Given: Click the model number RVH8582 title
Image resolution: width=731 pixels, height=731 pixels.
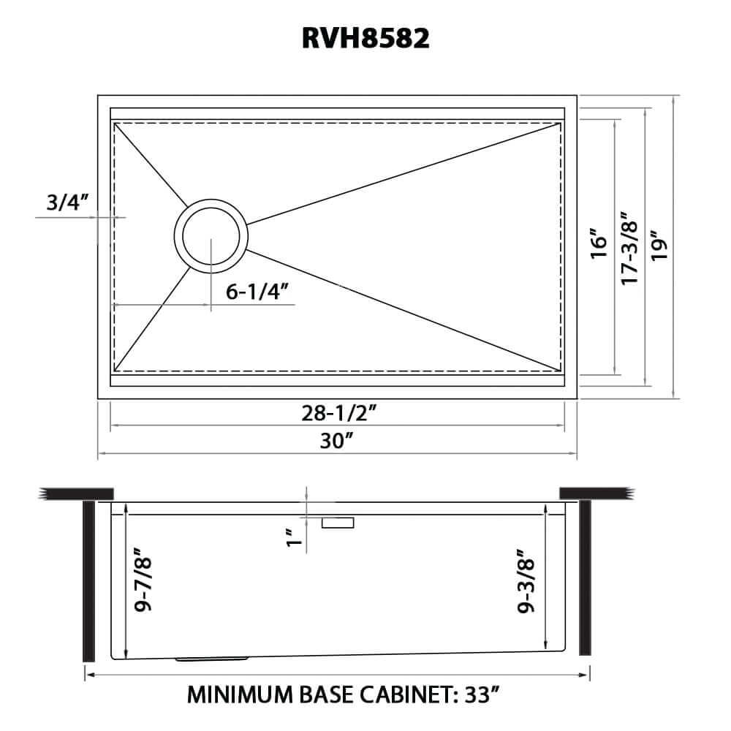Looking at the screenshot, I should pyautogui.click(x=365, y=38).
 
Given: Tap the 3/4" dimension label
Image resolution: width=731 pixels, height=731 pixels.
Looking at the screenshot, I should pyautogui.click(x=67, y=202).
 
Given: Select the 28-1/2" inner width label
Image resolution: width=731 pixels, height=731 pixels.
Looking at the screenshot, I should pyautogui.click(x=338, y=414).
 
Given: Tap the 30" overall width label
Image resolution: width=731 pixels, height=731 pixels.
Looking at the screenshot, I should pyautogui.click(x=338, y=441).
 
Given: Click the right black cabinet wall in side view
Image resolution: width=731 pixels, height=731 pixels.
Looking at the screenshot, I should pyautogui.click(x=585, y=577).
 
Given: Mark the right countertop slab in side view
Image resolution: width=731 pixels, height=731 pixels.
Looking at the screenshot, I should pyautogui.click(x=596, y=493).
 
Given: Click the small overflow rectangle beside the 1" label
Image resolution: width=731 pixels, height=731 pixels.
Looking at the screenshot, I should pyautogui.click(x=338, y=522).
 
